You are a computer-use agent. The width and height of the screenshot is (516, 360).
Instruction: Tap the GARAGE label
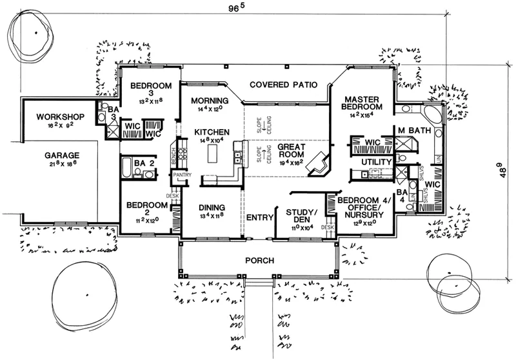click(62, 155)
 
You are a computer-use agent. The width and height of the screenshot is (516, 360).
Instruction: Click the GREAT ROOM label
click(291, 152)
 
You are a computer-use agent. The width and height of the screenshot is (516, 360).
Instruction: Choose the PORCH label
click(261, 261)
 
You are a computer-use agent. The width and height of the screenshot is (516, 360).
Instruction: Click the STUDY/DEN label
click(301, 216)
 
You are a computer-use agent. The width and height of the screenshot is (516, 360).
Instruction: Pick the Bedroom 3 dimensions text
click(150, 101)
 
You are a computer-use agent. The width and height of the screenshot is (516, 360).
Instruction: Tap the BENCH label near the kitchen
click(173, 155)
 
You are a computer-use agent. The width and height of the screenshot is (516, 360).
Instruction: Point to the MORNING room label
click(210, 101)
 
